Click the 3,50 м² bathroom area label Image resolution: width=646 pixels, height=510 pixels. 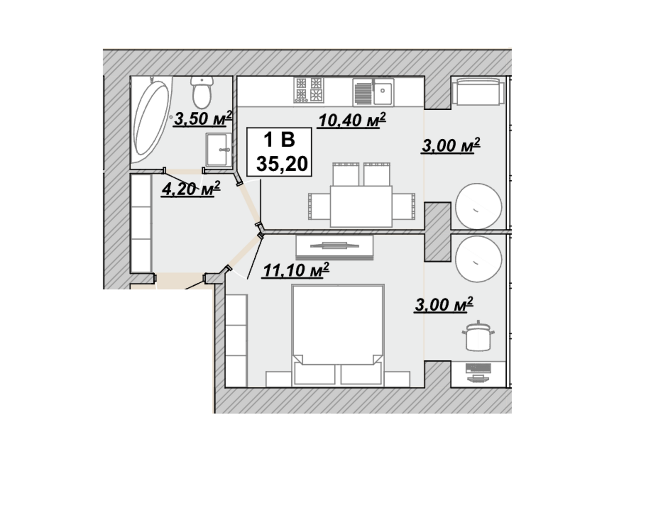tap(203, 119)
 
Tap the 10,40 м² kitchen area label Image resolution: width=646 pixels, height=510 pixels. tap(352, 121)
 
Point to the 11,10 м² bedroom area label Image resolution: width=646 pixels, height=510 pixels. tap(296, 270)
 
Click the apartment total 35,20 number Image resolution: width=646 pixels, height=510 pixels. tap(282, 164)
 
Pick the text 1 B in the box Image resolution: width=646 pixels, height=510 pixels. tap(279, 140)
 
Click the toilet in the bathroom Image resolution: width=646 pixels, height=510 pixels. tap(202, 92)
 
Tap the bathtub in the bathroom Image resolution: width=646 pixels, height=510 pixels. tap(150, 119)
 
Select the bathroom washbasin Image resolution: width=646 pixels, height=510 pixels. tap(218, 150)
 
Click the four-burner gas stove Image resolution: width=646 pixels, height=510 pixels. tap(309, 90)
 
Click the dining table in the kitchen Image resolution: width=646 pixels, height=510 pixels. tap(361, 207)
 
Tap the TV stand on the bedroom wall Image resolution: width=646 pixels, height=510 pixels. tap(335, 247)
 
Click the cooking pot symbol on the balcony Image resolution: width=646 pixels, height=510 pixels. tap(478, 336)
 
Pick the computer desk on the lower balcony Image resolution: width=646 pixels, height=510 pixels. tap(478, 374)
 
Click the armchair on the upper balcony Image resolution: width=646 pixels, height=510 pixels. tap(478, 91)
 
